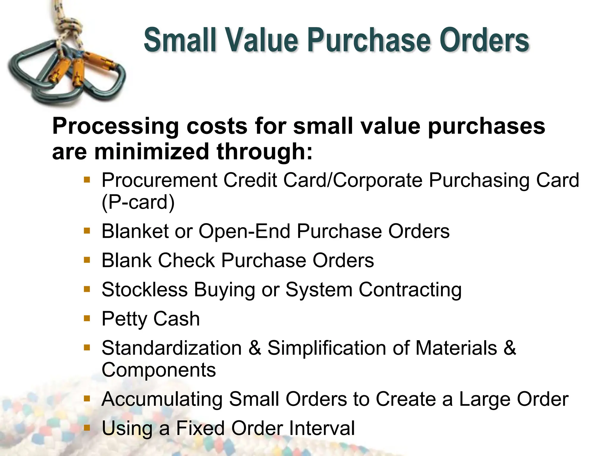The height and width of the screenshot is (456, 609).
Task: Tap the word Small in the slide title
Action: [180, 40]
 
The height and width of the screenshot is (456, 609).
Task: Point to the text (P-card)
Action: [138, 202]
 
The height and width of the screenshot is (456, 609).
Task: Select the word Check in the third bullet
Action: [186, 260]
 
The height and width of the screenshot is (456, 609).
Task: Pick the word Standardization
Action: [172, 348]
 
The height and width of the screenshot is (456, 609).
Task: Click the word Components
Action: [158, 370]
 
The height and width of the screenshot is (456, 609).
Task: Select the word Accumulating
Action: [162, 399]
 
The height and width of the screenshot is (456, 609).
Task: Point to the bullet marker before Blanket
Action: [87, 231]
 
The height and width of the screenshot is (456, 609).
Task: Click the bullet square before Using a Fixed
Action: [87, 428]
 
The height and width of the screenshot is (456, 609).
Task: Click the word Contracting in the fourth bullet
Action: [410, 289]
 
